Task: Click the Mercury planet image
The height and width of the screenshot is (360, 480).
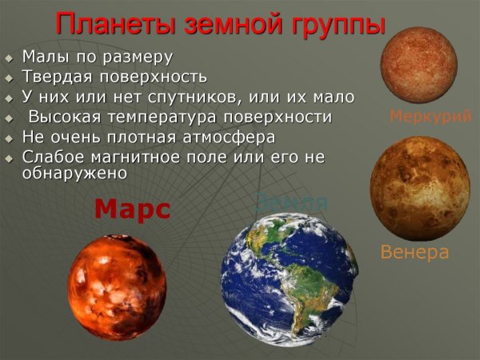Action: (x=418, y=64)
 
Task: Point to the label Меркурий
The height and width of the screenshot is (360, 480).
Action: (x=430, y=116)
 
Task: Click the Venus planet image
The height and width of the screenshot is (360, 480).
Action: (x=419, y=188)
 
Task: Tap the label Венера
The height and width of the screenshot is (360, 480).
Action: (x=414, y=253)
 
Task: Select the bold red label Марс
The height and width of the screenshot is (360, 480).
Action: (x=132, y=209)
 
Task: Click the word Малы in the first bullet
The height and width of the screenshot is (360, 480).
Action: (x=44, y=58)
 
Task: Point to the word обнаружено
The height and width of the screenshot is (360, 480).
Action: (x=76, y=172)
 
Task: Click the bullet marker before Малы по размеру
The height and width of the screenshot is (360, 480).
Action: (x=9, y=59)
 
